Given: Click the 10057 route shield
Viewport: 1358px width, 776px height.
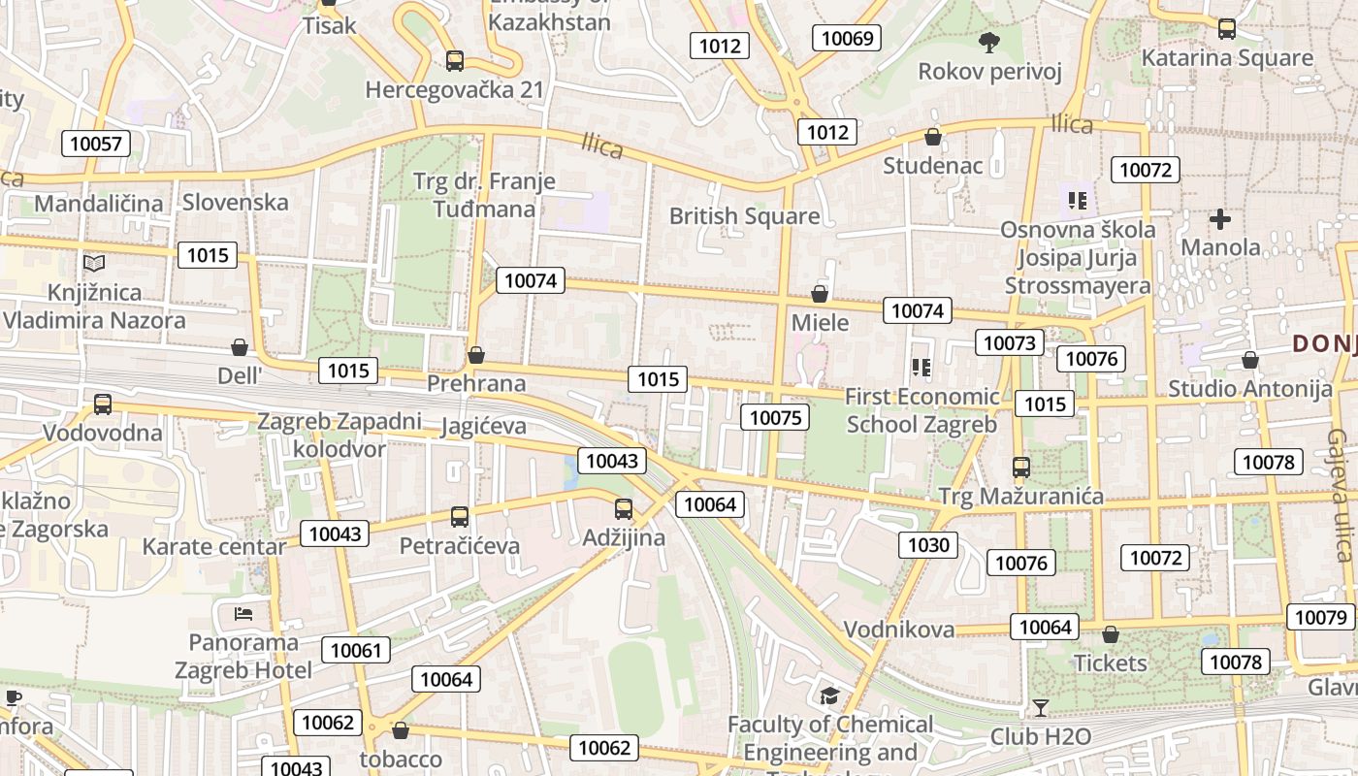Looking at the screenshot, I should click(x=96, y=144).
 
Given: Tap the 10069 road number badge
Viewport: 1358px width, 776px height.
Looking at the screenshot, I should click(x=847, y=39).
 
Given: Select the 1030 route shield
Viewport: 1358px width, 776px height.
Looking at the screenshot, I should click(x=927, y=545).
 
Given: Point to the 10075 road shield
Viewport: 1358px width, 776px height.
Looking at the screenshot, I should click(x=774, y=418).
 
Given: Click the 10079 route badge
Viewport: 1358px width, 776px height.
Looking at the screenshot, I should click(x=1320, y=617).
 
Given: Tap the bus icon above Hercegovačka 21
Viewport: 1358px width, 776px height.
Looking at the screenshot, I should click(x=454, y=61).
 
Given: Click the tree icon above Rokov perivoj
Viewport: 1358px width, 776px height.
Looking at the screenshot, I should click(x=989, y=42).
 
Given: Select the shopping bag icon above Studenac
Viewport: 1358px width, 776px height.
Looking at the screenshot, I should click(x=932, y=137).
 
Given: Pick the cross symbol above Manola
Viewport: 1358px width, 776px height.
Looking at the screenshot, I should click(x=1219, y=219).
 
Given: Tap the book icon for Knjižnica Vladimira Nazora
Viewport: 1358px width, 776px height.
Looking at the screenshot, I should click(x=94, y=263).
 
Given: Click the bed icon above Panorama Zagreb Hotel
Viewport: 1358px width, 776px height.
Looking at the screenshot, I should click(x=243, y=614).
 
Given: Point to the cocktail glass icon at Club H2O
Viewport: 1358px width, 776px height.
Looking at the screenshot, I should click(x=1041, y=708).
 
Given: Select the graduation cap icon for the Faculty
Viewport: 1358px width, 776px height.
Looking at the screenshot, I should click(x=829, y=695).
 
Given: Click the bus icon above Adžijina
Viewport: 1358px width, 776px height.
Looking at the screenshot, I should click(x=624, y=508).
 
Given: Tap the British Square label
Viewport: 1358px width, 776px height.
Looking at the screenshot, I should click(x=744, y=215).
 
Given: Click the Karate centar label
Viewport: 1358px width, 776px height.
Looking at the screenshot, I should click(x=214, y=546).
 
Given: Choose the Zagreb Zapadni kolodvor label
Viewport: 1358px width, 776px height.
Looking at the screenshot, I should click(x=339, y=436).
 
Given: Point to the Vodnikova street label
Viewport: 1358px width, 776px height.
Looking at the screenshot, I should click(x=899, y=630).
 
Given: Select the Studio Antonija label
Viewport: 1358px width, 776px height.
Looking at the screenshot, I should click(x=1249, y=389).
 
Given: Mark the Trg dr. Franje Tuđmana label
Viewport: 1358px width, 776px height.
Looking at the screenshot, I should click(x=484, y=195).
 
